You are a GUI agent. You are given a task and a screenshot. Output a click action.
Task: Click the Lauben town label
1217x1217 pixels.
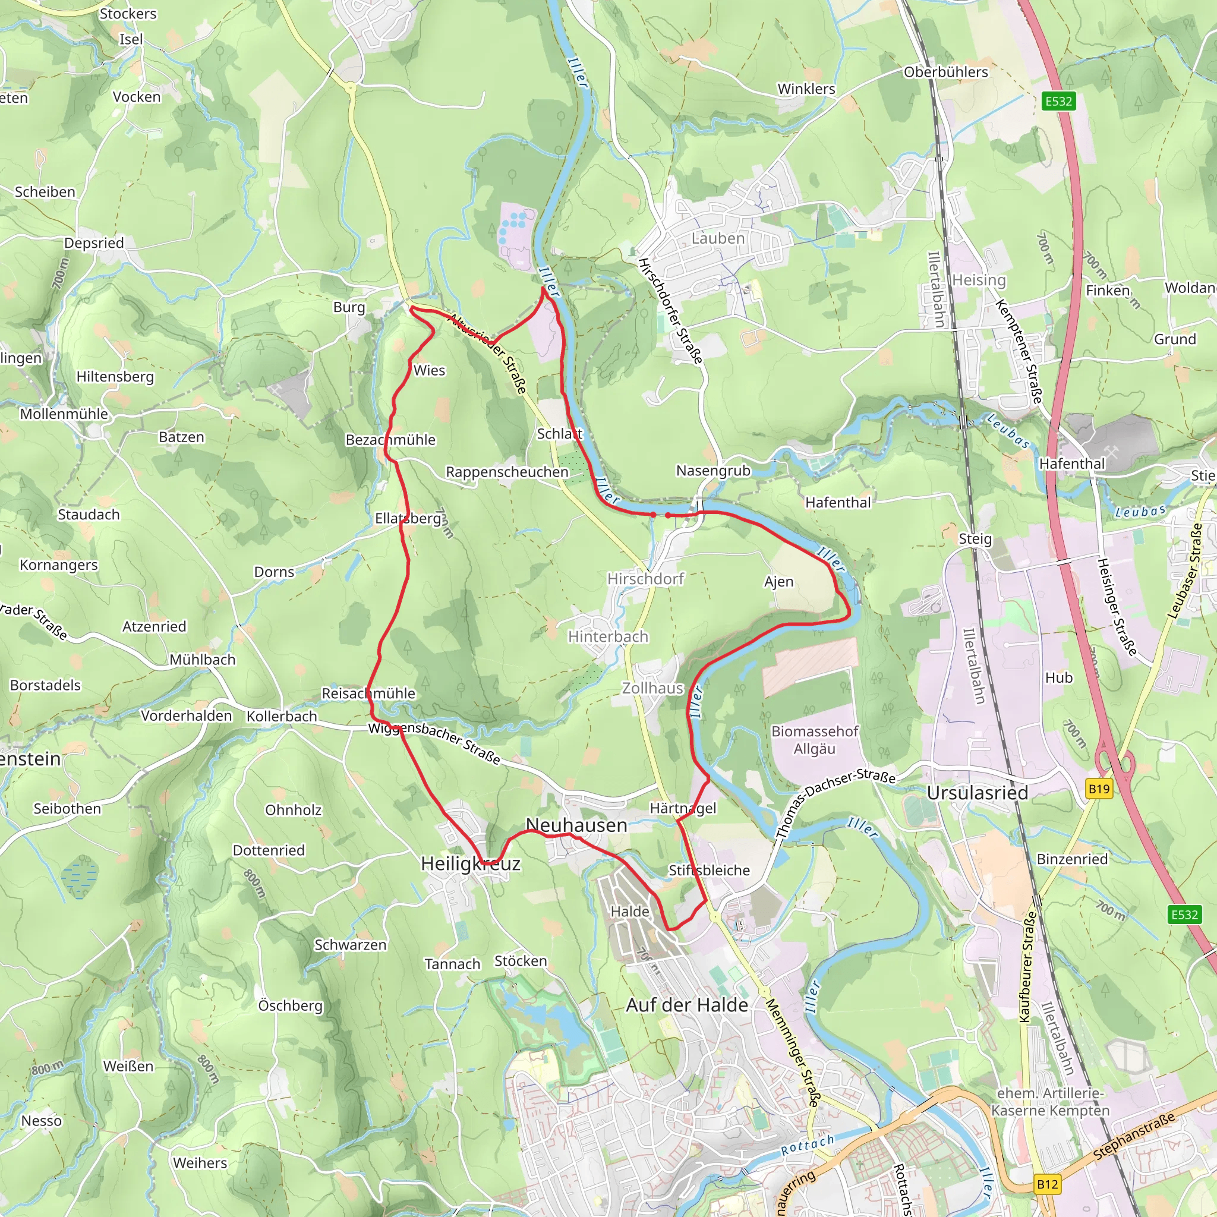[x=717, y=238]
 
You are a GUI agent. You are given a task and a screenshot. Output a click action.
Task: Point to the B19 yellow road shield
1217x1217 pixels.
[x=1099, y=789]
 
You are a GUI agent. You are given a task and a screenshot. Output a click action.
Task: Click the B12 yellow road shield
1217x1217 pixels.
[x=1047, y=1184]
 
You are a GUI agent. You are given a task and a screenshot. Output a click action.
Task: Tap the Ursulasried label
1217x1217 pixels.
[x=977, y=793]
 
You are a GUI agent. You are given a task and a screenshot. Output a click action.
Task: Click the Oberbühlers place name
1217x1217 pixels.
[x=945, y=72]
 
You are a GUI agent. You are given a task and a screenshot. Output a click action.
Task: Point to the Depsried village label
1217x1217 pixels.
[x=94, y=242]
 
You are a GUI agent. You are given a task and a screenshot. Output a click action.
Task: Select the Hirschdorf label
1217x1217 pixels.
[x=645, y=578]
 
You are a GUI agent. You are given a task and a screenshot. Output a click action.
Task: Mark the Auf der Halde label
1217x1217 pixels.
[x=686, y=1005]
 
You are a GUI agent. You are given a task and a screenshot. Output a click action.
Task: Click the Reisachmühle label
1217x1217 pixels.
[x=368, y=693]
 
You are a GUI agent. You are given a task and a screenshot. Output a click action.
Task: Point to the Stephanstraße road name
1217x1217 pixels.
[x=1134, y=1136]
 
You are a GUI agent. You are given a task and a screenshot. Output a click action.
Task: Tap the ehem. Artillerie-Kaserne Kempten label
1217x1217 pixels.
[x=1050, y=1102]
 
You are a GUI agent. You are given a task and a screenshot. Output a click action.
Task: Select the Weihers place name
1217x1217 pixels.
[x=200, y=1163]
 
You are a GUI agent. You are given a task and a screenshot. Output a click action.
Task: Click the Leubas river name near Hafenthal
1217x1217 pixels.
[x=1008, y=431]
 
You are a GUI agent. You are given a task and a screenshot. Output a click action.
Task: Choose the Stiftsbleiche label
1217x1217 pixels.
[x=709, y=870]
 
